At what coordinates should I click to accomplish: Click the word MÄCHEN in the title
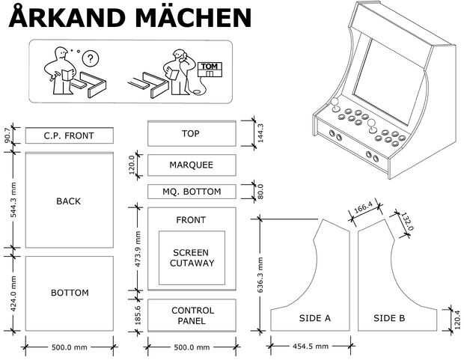[194, 17]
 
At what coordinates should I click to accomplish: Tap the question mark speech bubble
[91, 58]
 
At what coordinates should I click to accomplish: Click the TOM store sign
[210, 70]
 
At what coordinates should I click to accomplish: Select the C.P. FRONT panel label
[69, 136]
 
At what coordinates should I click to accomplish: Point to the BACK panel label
[68, 201]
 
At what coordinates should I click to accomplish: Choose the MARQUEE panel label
[191, 165]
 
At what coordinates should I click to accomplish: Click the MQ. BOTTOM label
[192, 192]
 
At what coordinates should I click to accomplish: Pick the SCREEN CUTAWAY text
[192, 258]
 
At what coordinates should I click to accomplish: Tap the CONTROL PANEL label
[192, 316]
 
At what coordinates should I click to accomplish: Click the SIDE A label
[314, 318]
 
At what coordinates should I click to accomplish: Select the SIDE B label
[389, 318]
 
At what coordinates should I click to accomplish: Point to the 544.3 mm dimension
[13, 200]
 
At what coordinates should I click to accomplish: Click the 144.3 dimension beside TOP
[260, 133]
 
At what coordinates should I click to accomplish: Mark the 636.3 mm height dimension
[260, 275]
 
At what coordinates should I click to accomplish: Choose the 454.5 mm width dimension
[311, 346]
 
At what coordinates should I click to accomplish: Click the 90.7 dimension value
[8, 135]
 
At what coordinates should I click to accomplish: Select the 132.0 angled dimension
[407, 221]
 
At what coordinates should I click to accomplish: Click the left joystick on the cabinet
[335, 105]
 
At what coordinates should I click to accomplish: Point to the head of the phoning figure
[179, 55]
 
